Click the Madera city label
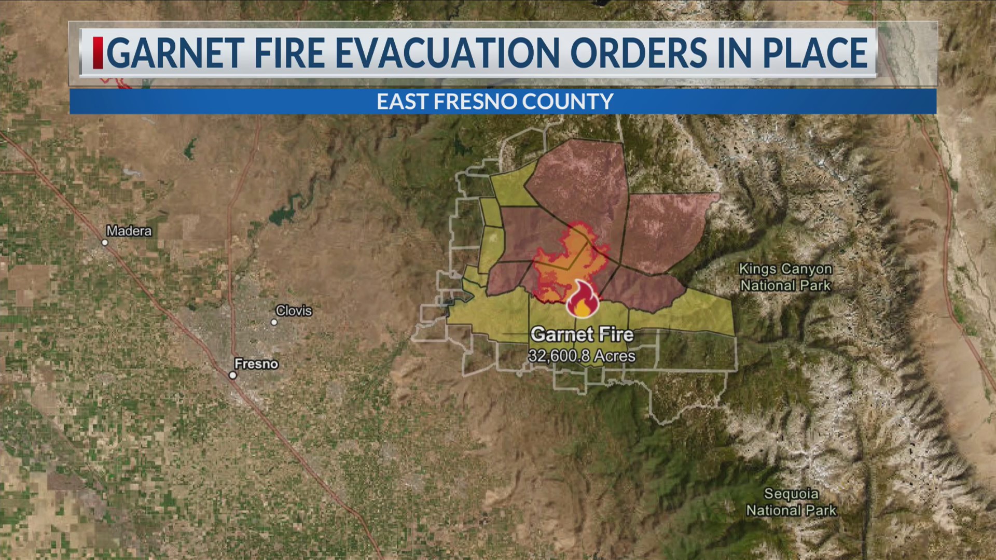[129, 231]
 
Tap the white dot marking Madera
[105, 243]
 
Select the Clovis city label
[294, 311]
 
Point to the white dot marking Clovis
[274, 322]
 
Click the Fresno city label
[256, 364]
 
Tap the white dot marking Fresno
[233, 375]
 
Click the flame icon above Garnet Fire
[582, 300]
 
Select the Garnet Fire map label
[582, 334]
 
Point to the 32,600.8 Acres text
[582, 356]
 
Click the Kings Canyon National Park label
[785, 277]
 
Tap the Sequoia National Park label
[791, 502]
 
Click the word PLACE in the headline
[810, 52]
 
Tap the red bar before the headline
[98, 52]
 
